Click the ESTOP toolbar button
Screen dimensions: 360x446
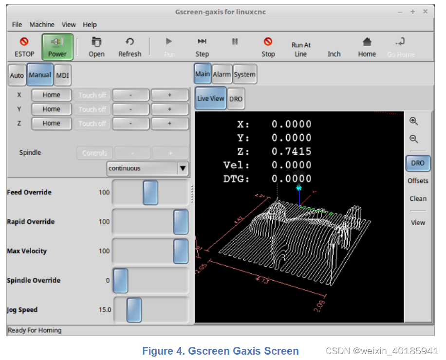[24, 47]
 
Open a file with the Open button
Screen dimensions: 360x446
[96, 47]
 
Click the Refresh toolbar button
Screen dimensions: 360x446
[130, 47]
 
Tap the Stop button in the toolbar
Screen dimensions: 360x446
[268, 47]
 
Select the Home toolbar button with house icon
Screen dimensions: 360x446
[367, 47]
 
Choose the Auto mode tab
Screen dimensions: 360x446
[17, 75]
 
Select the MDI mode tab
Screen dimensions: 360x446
[62, 75]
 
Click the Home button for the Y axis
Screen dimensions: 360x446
[51, 109]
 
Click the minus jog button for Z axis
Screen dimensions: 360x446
[130, 124]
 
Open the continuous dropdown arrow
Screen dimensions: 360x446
[183, 168]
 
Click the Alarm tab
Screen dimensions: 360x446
[222, 74]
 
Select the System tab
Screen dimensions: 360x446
[244, 74]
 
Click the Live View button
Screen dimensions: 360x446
[210, 98]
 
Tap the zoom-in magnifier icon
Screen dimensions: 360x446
[414, 122]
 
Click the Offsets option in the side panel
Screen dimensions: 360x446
[418, 180]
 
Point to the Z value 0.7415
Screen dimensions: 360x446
[291, 151]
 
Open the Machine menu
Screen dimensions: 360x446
[42, 24]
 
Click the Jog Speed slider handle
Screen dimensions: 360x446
[134, 310]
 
